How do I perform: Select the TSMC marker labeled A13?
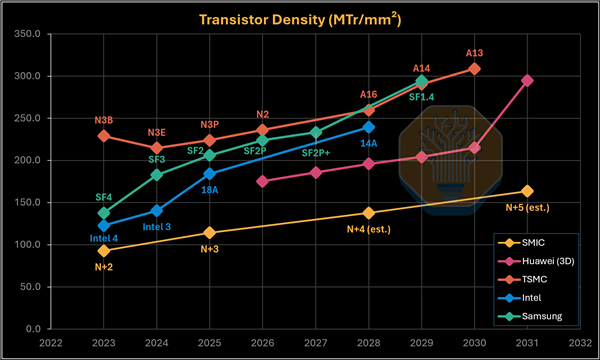[x=474, y=69]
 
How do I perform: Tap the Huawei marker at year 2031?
[x=527, y=80]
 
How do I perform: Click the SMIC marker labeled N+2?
[x=104, y=251]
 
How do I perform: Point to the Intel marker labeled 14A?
[x=368, y=127]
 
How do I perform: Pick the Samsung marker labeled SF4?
[x=104, y=213]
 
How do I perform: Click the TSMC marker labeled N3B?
[x=104, y=136]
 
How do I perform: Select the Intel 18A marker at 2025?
[x=210, y=174]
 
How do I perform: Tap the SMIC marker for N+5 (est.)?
[x=527, y=191]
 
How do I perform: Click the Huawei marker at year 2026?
[x=262, y=181]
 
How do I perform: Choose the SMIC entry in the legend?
[x=522, y=243]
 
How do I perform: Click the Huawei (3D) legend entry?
[x=536, y=261]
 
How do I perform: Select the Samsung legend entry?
[x=530, y=316]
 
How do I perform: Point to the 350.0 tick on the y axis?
[x=27, y=34]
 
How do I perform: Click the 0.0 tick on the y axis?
[x=33, y=329]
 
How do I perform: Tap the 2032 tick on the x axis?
[x=580, y=343]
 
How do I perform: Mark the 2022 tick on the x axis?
[x=51, y=343]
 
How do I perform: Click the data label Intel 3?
[x=157, y=227]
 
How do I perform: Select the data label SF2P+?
[x=316, y=153]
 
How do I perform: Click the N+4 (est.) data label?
[x=368, y=229]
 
